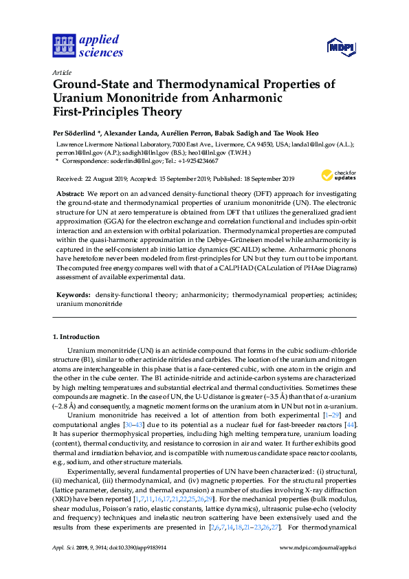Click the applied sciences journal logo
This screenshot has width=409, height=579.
tap(88, 46)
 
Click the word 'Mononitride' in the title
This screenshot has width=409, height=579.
tap(137, 98)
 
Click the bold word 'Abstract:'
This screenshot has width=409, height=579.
tap(70, 195)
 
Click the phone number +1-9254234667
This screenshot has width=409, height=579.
tap(197, 161)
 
